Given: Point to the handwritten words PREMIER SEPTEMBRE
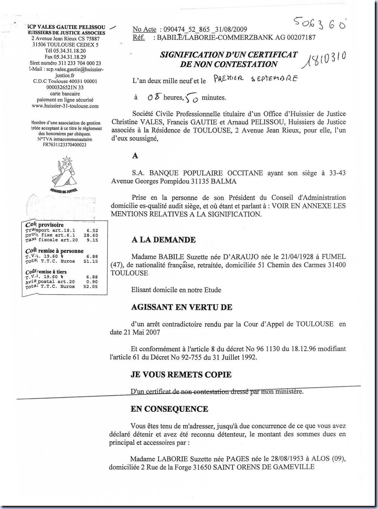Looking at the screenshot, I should pos(255,79).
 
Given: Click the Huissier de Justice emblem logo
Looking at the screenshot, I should pos(64,174).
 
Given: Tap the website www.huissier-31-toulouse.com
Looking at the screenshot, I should pos(65,106).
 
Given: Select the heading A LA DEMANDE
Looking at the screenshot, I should pos(163,240).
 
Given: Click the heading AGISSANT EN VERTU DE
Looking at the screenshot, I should pos(182,307).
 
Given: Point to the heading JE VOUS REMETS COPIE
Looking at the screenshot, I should pos(181,375).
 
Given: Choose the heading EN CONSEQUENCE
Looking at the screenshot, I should pos(170,409).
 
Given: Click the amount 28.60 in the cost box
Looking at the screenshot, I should pos(91,235).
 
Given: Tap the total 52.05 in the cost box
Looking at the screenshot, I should pos(91,286).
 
